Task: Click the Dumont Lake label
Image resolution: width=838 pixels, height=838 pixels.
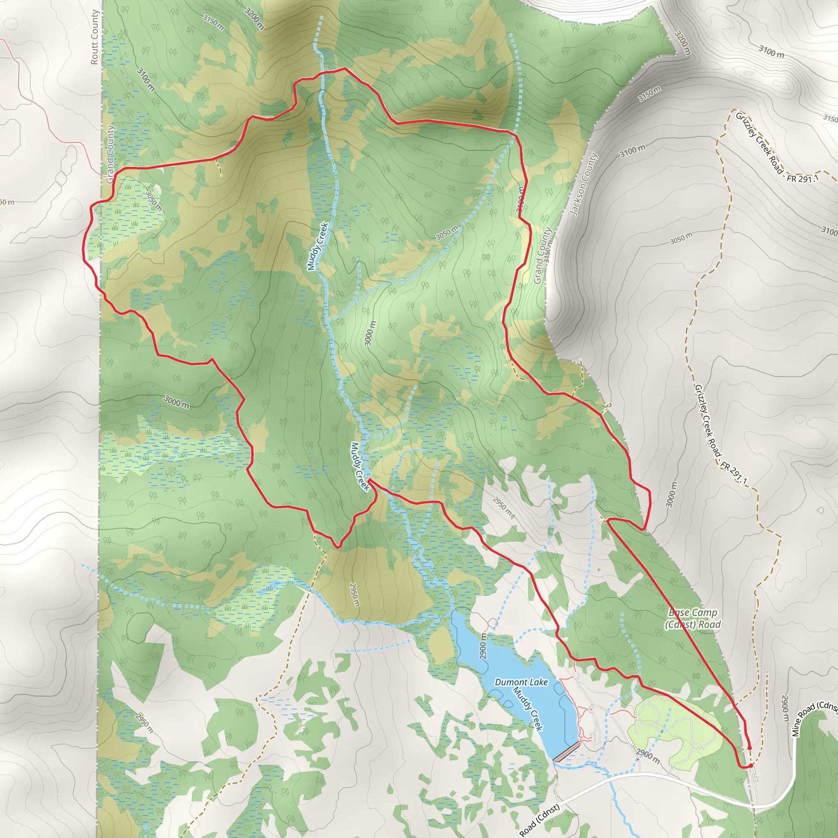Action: coord(521,682)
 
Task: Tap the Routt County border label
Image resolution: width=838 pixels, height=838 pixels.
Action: coord(95,37)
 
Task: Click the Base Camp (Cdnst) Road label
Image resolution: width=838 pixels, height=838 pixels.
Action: coord(693,619)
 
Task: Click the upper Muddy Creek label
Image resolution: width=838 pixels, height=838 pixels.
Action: coord(318,246)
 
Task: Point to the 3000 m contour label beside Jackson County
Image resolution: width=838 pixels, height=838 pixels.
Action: coord(671,494)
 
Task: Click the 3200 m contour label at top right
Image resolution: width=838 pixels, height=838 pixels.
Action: coord(682,43)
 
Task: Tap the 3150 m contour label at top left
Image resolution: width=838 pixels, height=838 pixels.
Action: coord(213,23)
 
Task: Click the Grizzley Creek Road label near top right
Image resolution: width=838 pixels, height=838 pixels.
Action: coord(776,147)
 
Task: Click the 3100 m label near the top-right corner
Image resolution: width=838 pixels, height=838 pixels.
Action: coord(771,52)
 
